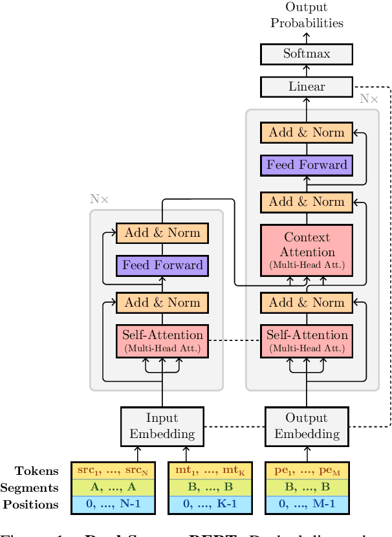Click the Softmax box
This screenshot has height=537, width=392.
point(306,54)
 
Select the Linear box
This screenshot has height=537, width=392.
point(306,86)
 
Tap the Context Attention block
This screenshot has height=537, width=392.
point(306,251)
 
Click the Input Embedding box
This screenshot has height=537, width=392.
point(162,426)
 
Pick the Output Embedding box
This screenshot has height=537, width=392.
point(306,426)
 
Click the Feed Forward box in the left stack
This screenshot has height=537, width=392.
point(162,265)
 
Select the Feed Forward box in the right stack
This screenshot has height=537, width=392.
point(306,164)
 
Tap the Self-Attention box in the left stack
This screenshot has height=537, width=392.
point(162,340)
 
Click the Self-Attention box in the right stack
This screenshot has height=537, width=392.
point(306,340)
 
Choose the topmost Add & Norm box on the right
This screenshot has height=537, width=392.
point(306,132)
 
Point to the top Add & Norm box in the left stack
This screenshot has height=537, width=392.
point(162,232)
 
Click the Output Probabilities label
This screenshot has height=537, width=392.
point(306,16)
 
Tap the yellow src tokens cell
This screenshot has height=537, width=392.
point(113,471)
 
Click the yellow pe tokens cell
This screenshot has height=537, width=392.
point(307,471)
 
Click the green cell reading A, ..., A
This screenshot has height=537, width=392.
point(113,488)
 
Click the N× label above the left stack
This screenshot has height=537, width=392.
point(99,199)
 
